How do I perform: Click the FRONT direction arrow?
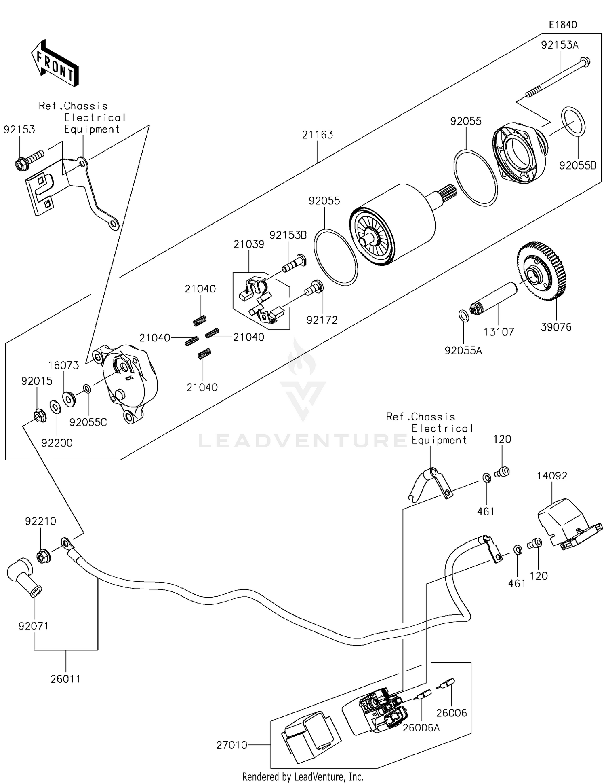click(x=55, y=63)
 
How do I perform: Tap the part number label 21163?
click(x=317, y=135)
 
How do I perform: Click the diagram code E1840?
click(x=562, y=25)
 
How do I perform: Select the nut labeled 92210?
click(x=43, y=556)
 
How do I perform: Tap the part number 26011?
click(x=65, y=679)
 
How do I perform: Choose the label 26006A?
click(x=421, y=728)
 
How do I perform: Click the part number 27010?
click(x=231, y=745)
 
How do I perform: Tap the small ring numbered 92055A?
click(x=464, y=316)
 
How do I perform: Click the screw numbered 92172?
click(x=314, y=288)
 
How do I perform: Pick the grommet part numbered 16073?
click(x=69, y=399)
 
